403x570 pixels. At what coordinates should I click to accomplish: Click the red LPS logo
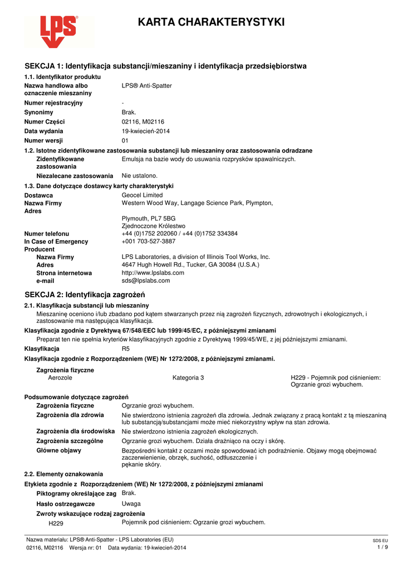tap(58, 31)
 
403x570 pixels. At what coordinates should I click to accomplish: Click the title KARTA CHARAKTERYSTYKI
tap(212, 22)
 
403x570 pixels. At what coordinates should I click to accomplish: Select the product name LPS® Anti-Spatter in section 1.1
tap(147, 86)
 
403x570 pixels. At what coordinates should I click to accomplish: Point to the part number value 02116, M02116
tap(143, 122)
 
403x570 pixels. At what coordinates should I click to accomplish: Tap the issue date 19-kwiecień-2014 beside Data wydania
tap(146, 131)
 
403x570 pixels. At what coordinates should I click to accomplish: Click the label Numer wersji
tap(43, 141)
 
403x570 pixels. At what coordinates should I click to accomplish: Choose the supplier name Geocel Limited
tap(142, 195)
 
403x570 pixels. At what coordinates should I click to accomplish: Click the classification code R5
tap(125, 348)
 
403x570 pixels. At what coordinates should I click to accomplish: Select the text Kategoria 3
tap(188, 378)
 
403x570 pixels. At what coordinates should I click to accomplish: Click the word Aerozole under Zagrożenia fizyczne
tap(60, 378)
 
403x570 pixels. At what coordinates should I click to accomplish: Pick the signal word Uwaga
tap(131, 504)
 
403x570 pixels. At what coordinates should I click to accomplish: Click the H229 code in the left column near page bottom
tap(56, 523)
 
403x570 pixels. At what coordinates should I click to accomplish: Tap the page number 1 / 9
tap(382, 547)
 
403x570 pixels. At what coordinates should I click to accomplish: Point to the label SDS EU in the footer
tap(380, 540)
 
